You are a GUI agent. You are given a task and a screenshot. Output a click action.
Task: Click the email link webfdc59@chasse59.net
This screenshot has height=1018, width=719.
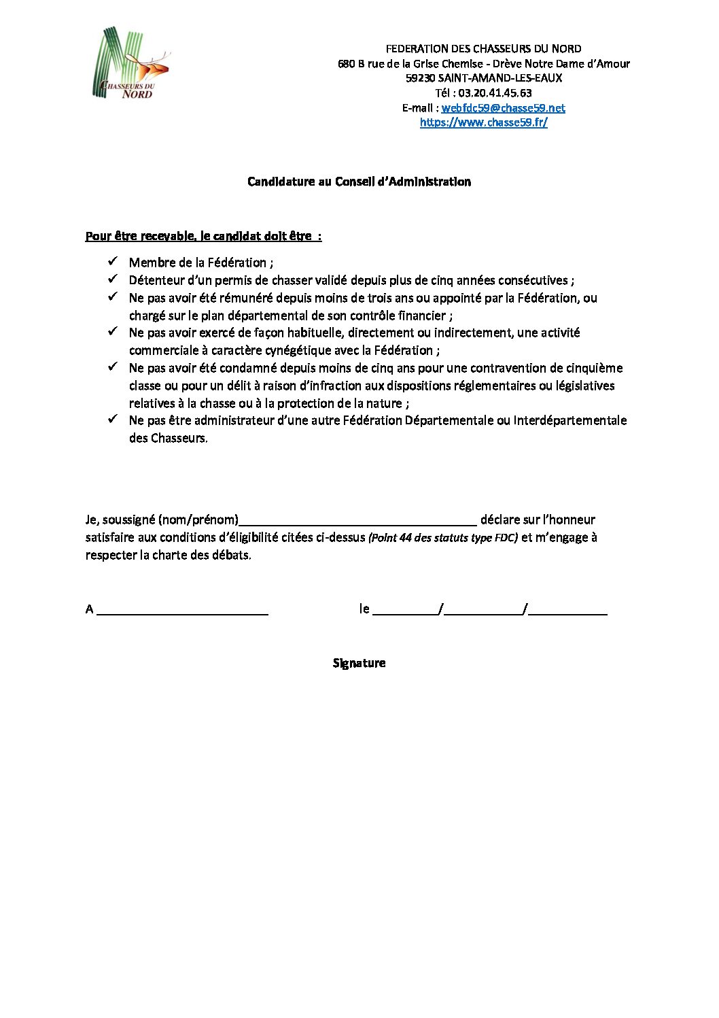[x=503, y=107]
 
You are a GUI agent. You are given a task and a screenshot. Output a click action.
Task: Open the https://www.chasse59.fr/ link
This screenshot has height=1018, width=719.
[x=483, y=122]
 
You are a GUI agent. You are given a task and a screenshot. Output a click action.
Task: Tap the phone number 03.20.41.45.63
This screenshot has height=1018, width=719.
[x=495, y=92]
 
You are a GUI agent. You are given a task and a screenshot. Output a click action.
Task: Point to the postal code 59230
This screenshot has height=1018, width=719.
[x=420, y=78]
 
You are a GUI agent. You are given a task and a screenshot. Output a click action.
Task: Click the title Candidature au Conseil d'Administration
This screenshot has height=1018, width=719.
[x=359, y=182]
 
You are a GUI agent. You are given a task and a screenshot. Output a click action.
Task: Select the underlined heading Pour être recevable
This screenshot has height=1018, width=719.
[x=203, y=236]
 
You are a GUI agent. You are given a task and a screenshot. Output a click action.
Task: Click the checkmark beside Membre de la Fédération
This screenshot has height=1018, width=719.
[x=113, y=261]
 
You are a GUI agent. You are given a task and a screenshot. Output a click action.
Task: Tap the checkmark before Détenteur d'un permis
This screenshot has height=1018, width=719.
[x=113, y=279]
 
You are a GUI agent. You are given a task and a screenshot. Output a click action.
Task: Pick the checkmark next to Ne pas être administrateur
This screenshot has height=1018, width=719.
[x=113, y=419]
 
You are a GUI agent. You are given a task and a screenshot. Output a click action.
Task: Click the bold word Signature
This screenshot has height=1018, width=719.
[x=359, y=663]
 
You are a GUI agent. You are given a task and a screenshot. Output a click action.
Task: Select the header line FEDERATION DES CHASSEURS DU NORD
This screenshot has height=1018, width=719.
[x=483, y=48]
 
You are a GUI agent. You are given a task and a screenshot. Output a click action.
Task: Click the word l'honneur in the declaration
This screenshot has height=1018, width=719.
[x=569, y=520]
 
